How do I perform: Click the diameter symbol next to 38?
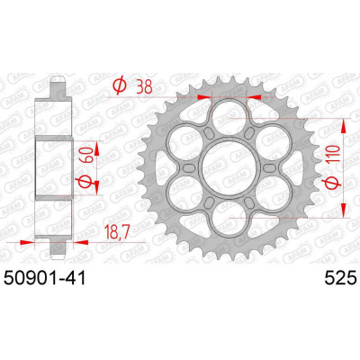(118, 86)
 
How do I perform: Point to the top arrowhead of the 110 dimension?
(343, 117)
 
